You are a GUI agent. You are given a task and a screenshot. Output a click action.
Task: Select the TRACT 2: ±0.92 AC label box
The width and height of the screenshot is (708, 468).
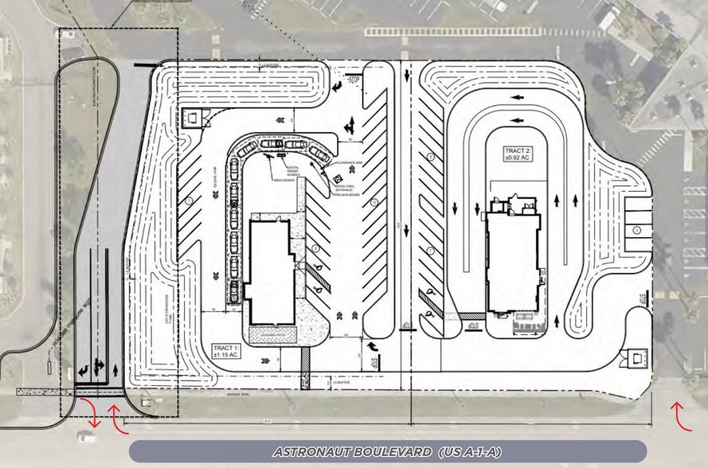point(518,154)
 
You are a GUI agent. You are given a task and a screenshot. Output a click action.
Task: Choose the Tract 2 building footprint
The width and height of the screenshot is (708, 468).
point(513,263)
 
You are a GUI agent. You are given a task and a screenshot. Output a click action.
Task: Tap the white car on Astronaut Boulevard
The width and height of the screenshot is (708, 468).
point(84,436)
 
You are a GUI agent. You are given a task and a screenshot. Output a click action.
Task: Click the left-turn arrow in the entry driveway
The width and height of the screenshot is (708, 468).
point(83,371)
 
